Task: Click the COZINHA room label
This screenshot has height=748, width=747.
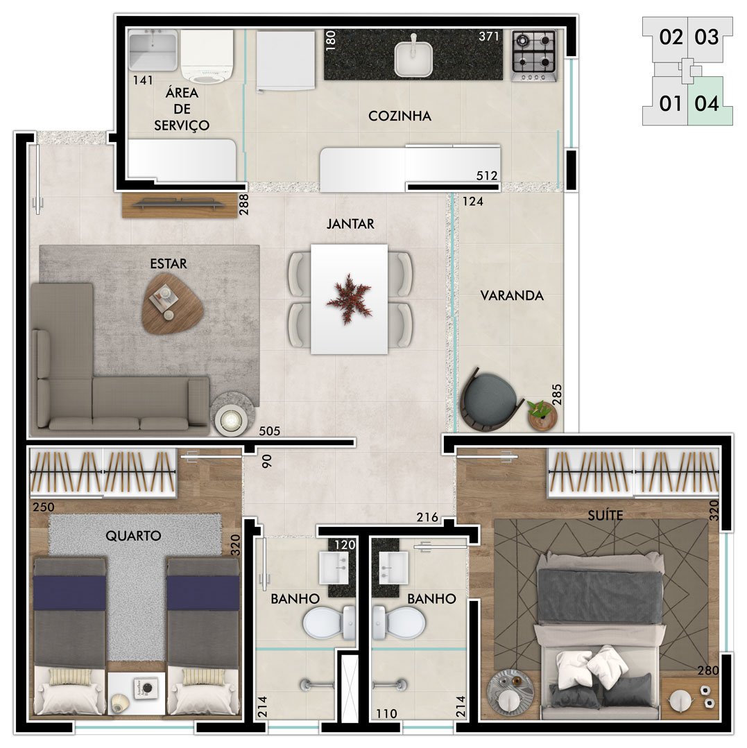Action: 400,116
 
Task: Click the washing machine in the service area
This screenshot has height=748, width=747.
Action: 207,57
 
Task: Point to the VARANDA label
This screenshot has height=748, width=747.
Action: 512,296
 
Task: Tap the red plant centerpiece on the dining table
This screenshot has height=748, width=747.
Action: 349,299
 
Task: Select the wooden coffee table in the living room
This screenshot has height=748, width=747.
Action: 172,304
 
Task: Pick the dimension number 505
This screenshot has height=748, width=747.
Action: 269,431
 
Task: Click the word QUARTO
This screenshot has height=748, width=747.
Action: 133,536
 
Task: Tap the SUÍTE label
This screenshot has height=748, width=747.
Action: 606,515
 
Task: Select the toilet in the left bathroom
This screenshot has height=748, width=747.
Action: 329,623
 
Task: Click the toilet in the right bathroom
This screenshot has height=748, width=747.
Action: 399,623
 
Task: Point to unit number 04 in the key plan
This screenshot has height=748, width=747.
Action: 707,103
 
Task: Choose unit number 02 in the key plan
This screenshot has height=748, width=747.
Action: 671,37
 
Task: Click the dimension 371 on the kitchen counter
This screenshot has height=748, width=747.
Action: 489,36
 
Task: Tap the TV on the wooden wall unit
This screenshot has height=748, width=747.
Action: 180,205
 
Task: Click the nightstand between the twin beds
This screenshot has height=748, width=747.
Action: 136,694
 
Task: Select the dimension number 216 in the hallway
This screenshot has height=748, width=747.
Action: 427,517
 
